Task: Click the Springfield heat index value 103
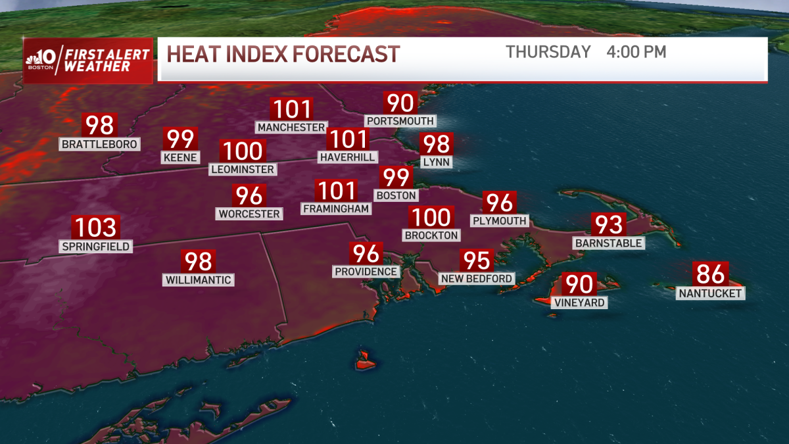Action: (x=96, y=228)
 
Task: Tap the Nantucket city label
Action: (x=711, y=293)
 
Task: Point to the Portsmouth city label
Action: (x=400, y=121)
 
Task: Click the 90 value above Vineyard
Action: (x=579, y=284)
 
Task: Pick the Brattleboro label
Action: (x=100, y=144)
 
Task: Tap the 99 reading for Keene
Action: (x=180, y=139)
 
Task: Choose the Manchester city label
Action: (x=291, y=127)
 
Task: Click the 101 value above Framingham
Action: (x=336, y=191)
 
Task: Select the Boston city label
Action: (x=396, y=195)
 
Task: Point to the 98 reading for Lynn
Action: (x=437, y=143)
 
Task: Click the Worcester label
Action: (x=249, y=214)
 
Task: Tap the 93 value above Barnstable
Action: (x=608, y=225)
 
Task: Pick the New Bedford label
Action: (x=477, y=279)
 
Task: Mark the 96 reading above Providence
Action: (x=366, y=253)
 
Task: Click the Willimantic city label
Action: (x=198, y=280)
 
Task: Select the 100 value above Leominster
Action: (x=243, y=151)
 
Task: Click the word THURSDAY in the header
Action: (x=548, y=52)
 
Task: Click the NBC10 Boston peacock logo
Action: (x=33, y=61)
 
